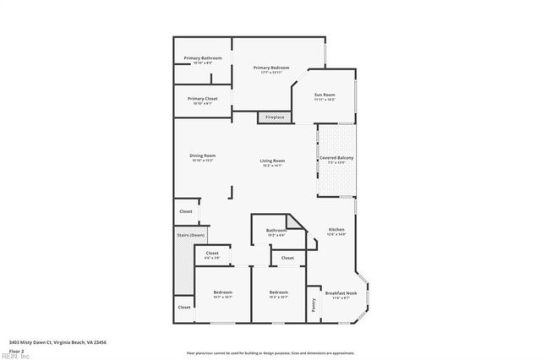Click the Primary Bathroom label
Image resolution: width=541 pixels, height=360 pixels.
pyautogui.click(x=203, y=58)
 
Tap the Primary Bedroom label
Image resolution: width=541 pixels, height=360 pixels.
pyautogui.click(x=272, y=68)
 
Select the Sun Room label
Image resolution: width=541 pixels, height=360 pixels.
pyautogui.click(x=325, y=95)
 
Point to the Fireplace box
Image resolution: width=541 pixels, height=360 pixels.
pyautogui.click(x=275, y=117)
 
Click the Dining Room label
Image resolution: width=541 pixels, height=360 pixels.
pyautogui.click(x=203, y=155)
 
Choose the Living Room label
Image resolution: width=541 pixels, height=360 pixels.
pyautogui.click(x=272, y=161)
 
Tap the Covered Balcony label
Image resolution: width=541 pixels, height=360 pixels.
pyautogui.click(x=336, y=159)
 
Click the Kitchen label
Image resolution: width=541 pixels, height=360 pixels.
pyautogui.click(x=336, y=230)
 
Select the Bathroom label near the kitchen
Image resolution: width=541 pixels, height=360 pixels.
pyautogui.click(x=276, y=231)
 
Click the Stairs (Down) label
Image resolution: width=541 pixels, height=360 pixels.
pyautogui.click(x=191, y=234)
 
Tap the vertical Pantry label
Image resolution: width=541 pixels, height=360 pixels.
pyautogui.click(x=314, y=304)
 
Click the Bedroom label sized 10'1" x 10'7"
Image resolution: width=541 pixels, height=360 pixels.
pyautogui.click(x=222, y=293)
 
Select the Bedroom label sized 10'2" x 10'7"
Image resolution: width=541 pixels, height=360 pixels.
pyautogui.click(x=279, y=293)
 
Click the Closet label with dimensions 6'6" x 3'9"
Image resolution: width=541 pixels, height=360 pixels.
pyautogui.click(x=212, y=254)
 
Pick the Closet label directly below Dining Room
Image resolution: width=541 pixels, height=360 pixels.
pyautogui.click(x=185, y=211)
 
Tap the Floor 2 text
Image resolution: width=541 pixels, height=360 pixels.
pyautogui.click(x=16, y=350)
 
